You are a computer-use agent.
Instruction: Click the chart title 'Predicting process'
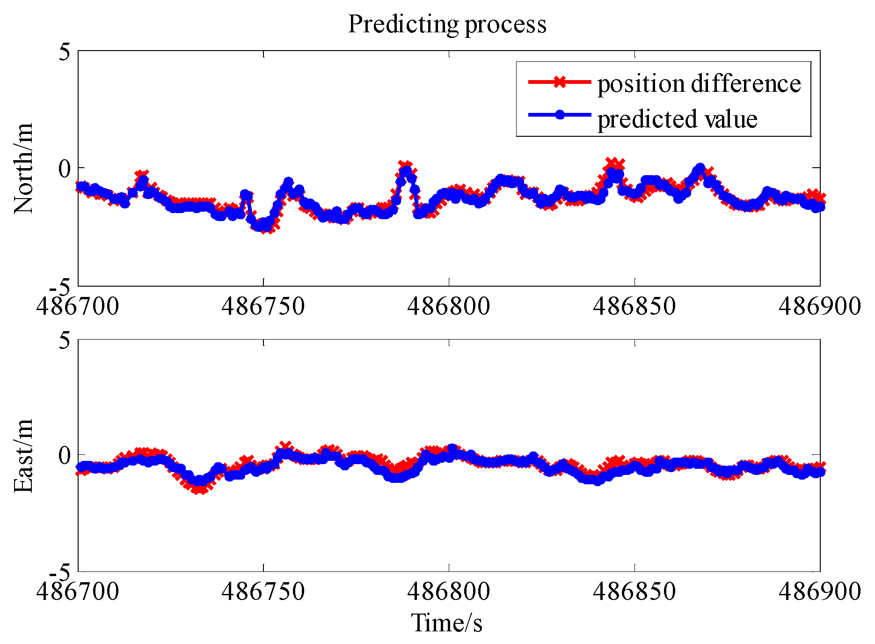[x=447, y=24]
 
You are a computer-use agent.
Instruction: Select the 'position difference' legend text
[x=699, y=84]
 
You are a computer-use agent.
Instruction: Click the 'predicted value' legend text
[x=677, y=119]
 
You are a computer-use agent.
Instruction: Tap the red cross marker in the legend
[x=559, y=82]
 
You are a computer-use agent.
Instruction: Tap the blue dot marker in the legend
[x=559, y=115]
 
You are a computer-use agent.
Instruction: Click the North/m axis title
[x=23, y=168]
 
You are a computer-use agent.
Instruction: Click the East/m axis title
[x=23, y=456]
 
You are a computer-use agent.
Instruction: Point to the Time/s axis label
[x=447, y=623]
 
